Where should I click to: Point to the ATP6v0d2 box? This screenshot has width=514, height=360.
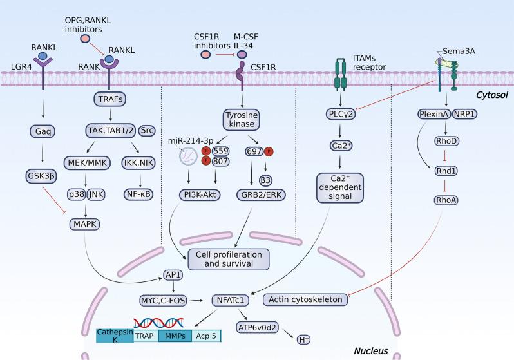[261, 325]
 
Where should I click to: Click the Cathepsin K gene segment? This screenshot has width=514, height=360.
[115, 336]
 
